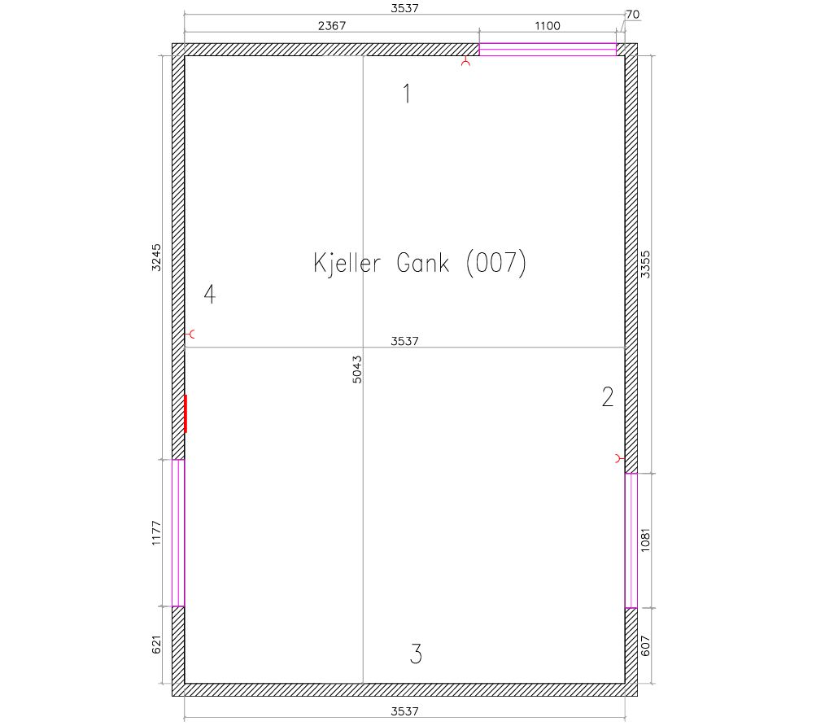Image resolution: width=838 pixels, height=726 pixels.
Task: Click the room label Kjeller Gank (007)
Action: click(x=420, y=263)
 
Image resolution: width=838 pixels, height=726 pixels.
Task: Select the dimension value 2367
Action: click(x=332, y=26)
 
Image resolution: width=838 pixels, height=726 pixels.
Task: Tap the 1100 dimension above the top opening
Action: click(x=548, y=26)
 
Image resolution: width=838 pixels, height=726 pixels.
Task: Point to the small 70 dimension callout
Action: click(x=632, y=15)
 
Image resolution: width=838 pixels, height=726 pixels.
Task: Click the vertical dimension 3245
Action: click(x=156, y=257)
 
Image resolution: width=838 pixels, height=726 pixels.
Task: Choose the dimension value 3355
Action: click(x=646, y=264)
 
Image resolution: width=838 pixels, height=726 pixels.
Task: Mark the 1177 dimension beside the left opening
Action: click(x=156, y=533)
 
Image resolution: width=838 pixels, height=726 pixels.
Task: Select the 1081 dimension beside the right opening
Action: click(x=646, y=540)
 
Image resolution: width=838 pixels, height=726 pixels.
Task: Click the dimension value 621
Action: click(x=156, y=645)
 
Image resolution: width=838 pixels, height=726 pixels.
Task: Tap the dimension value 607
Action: click(x=646, y=645)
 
